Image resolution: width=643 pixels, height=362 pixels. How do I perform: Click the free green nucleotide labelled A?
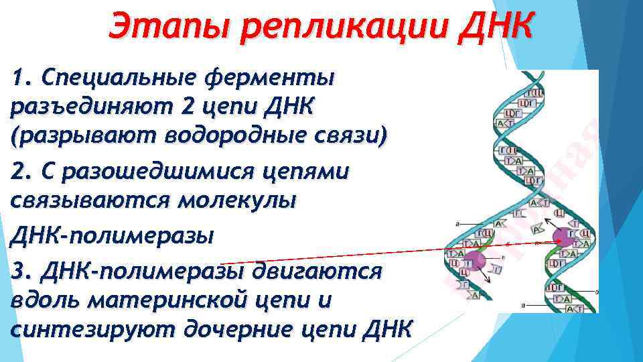pos(537,229)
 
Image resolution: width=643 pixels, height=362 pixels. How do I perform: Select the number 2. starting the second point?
pos(23,172)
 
